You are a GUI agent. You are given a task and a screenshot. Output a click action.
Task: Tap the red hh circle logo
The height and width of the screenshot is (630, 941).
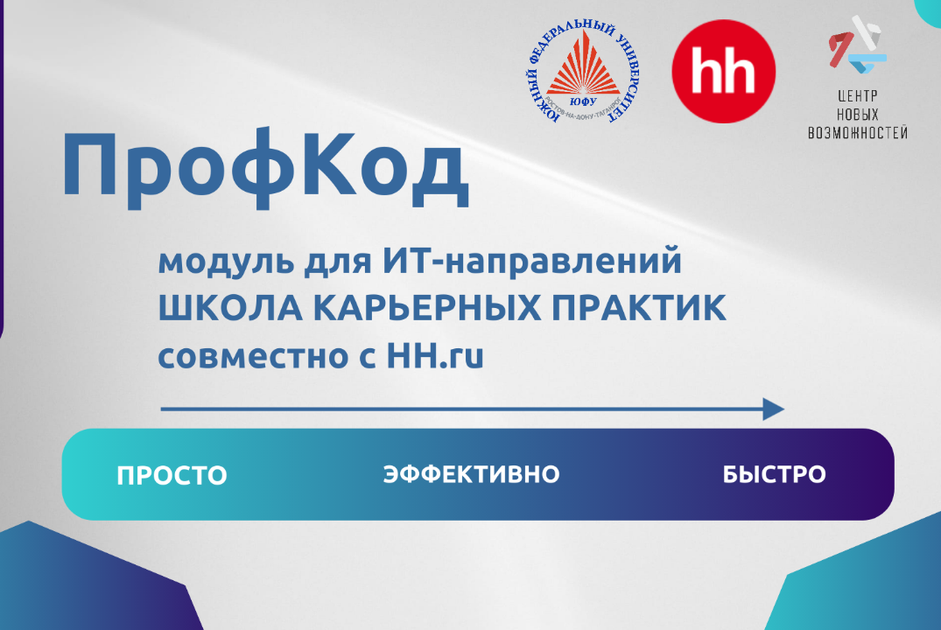coord(723,72)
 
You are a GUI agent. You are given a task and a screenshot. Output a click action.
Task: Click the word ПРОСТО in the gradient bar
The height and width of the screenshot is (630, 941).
coord(172,475)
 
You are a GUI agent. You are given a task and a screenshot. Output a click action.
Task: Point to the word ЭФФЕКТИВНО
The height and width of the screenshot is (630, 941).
coord(471,474)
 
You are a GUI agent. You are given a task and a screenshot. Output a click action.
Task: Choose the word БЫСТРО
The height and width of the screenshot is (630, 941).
coord(774,474)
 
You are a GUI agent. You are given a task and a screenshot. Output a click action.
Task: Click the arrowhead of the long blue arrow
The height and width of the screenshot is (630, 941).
coord(773,409)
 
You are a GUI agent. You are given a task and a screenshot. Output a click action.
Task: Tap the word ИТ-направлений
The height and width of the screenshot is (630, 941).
coord(531,262)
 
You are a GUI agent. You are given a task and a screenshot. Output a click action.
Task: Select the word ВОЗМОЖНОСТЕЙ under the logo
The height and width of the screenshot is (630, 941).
coord(856,133)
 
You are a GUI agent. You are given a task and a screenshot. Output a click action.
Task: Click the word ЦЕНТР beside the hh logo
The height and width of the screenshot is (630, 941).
coord(856,96)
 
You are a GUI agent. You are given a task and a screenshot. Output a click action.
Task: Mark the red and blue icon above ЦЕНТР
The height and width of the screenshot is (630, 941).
coord(857,49)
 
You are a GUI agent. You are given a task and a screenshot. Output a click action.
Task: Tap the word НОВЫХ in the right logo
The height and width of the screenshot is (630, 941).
coord(856,115)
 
